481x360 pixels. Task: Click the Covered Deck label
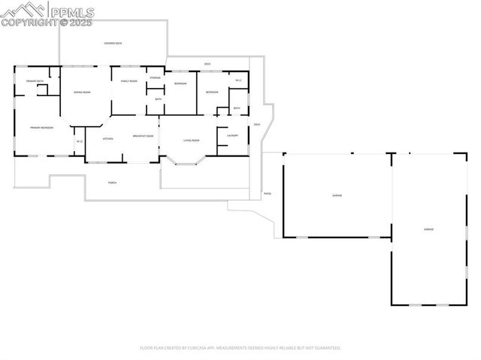[x=113, y=44]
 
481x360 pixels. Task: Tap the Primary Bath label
[x=35, y=80]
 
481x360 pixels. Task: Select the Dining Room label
[x=82, y=92]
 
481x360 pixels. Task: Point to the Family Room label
[x=129, y=81]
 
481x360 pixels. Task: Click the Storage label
[x=155, y=77]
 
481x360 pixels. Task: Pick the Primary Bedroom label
[x=41, y=128]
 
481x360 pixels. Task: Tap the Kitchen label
[x=107, y=139]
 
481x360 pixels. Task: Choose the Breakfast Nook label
[x=143, y=136]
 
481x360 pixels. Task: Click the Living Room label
[x=190, y=141]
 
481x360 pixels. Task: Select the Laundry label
[x=233, y=135]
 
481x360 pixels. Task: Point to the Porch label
[x=112, y=183]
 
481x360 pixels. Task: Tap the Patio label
[x=267, y=193]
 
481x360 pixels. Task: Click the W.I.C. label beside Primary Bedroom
[x=79, y=141]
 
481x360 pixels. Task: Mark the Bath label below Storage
[x=158, y=98]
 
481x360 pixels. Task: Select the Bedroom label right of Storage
[x=180, y=83]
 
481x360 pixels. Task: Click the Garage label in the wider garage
[x=337, y=195]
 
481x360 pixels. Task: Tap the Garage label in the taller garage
[x=428, y=228]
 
